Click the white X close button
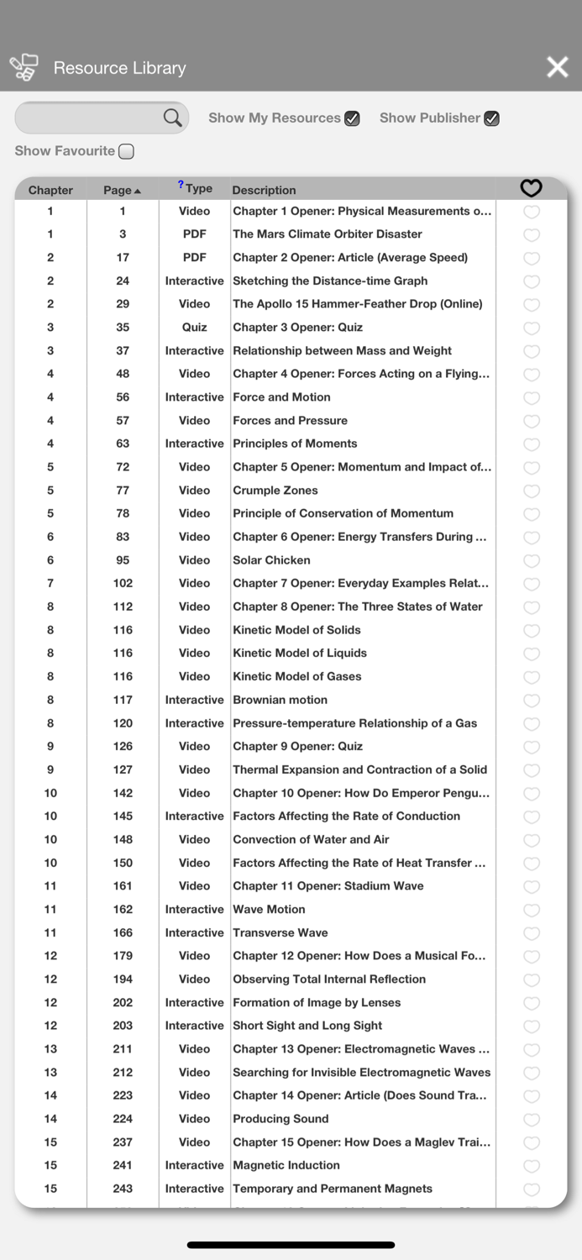(x=558, y=67)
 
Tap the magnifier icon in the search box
(x=172, y=118)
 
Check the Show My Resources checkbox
(x=352, y=118)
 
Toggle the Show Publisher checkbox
(x=492, y=118)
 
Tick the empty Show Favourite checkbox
(x=126, y=151)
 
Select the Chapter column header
(x=50, y=190)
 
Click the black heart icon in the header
(x=531, y=188)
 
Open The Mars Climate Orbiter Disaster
(x=328, y=234)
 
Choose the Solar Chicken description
(x=271, y=560)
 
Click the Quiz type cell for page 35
(x=194, y=328)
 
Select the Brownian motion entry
(x=280, y=700)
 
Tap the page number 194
(x=123, y=979)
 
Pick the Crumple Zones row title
(x=275, y=491)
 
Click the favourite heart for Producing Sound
(x=531, y=1119)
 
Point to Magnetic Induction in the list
(x=286, y=1165)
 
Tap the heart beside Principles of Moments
(x=531, y=444)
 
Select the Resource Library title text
(x=120, y=68)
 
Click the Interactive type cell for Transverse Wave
(x=194, y=932)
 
